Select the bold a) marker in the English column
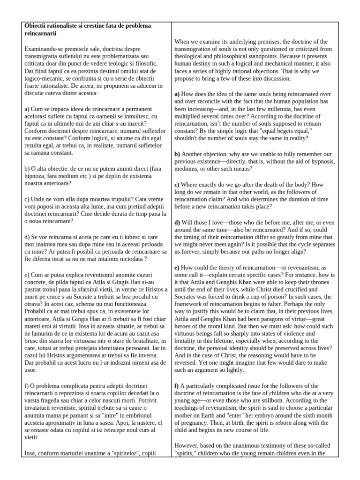(177, 94)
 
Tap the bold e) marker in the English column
(177, 267)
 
